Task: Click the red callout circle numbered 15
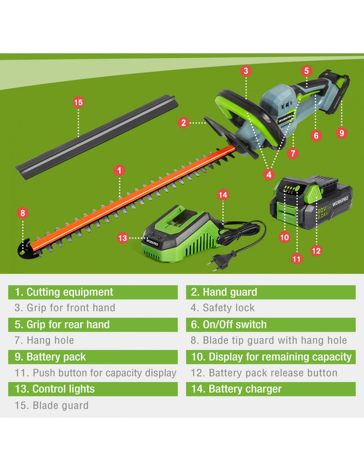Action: (x=78, y=102)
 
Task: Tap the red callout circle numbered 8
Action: (x=23, y=213)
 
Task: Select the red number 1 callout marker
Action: (x=119, y=171)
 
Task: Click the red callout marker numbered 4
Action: (x=269, y=174)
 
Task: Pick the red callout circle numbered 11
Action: (x=297, y=259)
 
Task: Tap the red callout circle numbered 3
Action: (x=246, y=71)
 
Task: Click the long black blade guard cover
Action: (x=97, y=137)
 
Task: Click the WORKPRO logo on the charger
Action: (x=152, y=242)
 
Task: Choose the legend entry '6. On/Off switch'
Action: (x=229, y=325)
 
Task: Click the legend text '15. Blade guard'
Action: (x=51, y=405)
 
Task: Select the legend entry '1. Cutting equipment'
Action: (x=64, y=292)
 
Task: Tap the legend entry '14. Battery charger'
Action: (x=237, y=389)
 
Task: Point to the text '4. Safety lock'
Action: (x=222, y=308)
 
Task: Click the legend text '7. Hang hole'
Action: (x=45, y=341)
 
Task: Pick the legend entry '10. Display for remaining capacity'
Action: (x=271, y=357)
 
